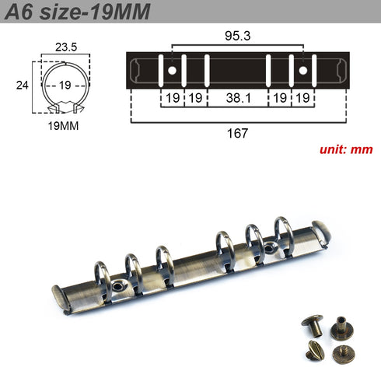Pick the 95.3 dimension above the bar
pos(237,36)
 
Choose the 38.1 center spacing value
pos(237,99)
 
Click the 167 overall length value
pos(237,133)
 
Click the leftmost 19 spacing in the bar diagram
pos(172,99)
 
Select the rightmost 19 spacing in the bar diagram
pos(303,99)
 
